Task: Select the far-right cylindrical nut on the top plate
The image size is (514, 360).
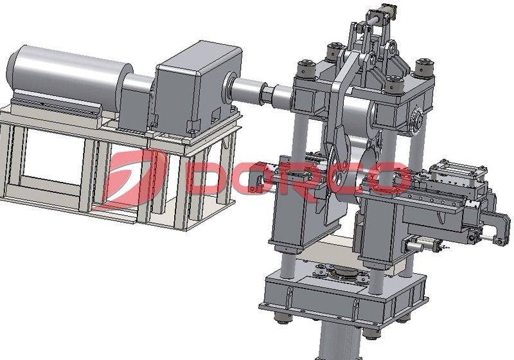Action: pyautogui.click(x=423, y=67)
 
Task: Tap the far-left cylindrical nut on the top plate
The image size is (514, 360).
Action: pyautogui.click(x=304, y=67)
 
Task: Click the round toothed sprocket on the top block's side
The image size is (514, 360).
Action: pyautogui.click(x=416, y=118)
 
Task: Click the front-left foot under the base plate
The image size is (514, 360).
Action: pyautogui.click(x=279, y=318)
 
